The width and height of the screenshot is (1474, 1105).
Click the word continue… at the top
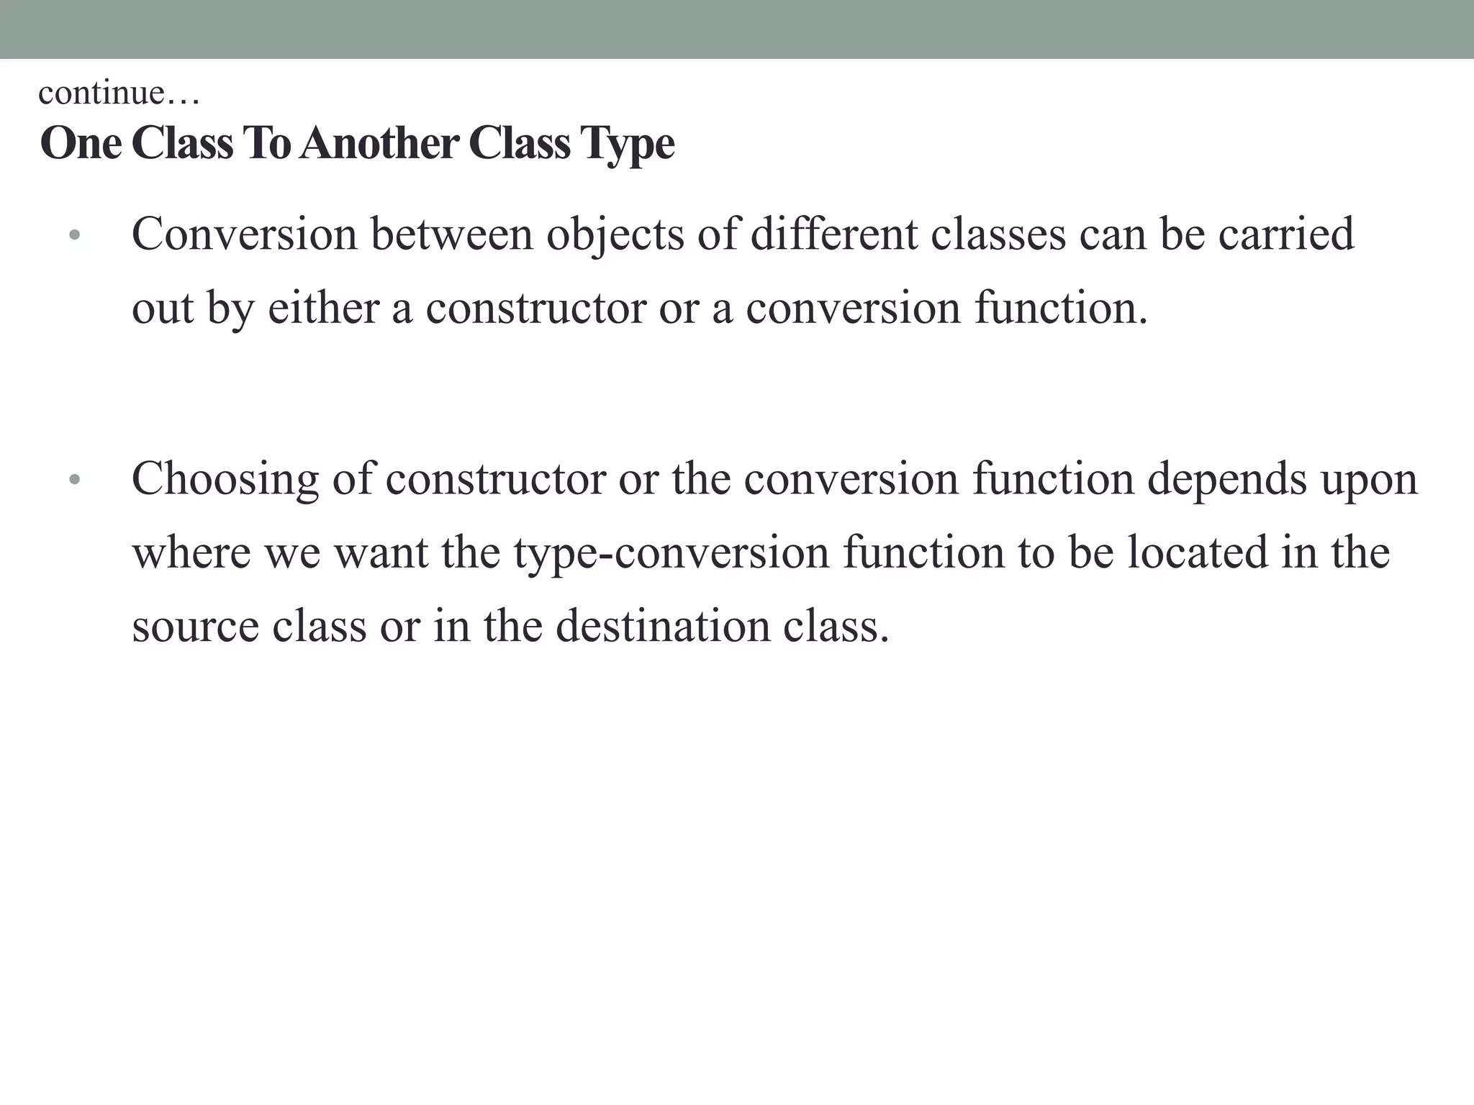pyautogui.click(x=119, y=93)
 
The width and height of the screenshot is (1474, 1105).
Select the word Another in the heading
pyautogui.click(x=379, y=143)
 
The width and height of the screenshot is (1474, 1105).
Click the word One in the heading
pyautogui.click(x=81, y=143)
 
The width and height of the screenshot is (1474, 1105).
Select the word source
pyautogui.click(x=195, y=626)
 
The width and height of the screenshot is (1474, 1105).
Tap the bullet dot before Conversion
pyautogui.click(x=74, y=235)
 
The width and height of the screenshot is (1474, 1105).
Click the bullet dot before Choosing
pyautogui.click(x=74, y=480)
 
